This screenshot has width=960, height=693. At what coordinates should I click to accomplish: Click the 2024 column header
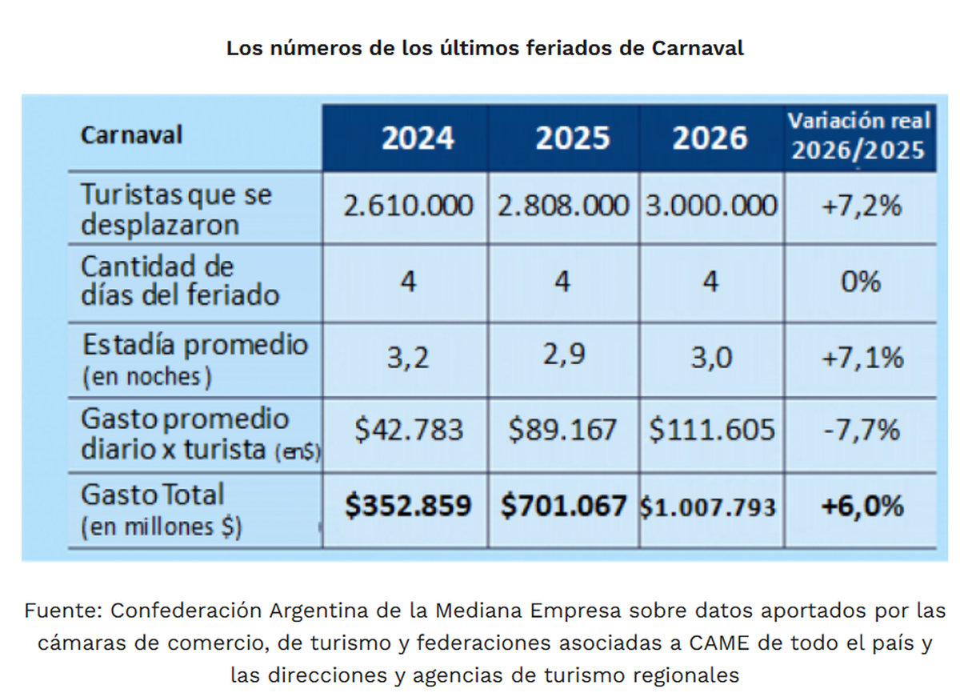click(418, 138)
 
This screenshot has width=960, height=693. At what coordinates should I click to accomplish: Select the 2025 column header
click(572, 138)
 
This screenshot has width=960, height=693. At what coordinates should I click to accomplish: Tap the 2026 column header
click(710, 138)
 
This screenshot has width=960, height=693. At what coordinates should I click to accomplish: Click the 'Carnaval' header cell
click(132, 134)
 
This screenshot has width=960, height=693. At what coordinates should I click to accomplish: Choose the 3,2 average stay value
click(408, 357)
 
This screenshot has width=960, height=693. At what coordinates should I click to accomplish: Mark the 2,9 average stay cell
click(563, 355)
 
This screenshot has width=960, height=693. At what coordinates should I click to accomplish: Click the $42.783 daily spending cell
click(409, 431)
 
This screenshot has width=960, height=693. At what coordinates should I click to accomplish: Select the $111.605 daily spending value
click(711, 431)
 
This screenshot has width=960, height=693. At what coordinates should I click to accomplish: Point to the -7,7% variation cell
click(862, 431)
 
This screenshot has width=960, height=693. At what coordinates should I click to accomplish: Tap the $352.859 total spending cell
click(408, 506)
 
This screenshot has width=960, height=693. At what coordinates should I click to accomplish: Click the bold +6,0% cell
click(862, 506)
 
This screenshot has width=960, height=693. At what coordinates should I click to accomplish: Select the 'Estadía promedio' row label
click(194, 346)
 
